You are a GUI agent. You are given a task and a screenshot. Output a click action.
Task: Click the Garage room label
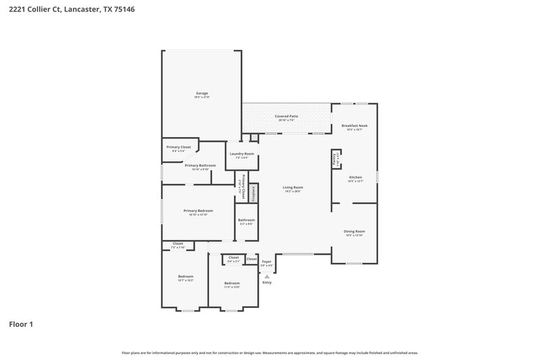coord(202,93)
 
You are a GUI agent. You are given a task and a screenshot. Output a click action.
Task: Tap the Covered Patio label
coord(286,116)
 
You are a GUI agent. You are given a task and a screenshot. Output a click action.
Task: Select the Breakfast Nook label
coord(354,126)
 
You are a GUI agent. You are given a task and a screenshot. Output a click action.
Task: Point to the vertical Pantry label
coord(334,160)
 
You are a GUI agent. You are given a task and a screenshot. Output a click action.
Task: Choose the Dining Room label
coord(354,232)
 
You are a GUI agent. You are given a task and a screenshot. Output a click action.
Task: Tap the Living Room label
coord(292,187)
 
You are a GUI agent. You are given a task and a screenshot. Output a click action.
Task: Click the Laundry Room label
coord(242,154)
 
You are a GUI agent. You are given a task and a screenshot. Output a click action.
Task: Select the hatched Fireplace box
coord(253,193)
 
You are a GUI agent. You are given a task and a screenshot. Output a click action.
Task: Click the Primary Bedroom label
coord(198,211)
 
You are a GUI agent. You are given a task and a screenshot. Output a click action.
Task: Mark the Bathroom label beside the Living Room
coord(246,220)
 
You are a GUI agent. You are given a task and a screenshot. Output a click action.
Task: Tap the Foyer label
coord(267,261)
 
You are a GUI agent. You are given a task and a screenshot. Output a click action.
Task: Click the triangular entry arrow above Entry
coord(267,276)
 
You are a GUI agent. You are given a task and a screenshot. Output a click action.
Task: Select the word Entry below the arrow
coord(267,283)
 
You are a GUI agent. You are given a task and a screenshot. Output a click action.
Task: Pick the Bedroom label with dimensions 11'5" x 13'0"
coord(232,283)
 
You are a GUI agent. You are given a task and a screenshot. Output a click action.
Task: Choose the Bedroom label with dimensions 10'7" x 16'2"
coord(186,276)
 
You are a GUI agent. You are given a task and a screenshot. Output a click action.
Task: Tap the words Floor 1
coord(21,324)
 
